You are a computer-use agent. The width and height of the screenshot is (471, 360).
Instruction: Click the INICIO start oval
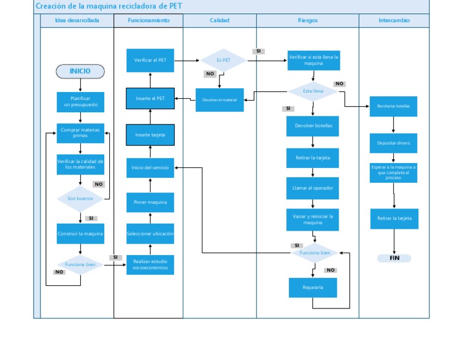tap(80, 71)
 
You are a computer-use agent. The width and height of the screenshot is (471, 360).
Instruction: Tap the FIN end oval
tap(394, 258)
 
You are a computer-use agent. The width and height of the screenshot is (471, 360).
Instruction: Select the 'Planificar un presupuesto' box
tap(80, 102)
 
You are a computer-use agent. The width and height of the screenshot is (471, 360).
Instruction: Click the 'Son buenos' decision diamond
tap(80, 199)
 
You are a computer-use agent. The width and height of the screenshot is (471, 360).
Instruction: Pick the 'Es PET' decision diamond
tap(223, 60)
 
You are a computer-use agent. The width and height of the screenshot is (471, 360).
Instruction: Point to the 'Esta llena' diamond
tap(313, 91)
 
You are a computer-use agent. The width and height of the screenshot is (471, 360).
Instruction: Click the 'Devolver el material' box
tap(220, 100)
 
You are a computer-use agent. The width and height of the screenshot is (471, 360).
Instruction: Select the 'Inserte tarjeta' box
tap(150, 135)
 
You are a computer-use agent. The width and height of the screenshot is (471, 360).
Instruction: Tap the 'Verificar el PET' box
tap(150, 60)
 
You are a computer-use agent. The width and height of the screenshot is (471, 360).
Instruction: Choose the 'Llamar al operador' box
tap(313, 188)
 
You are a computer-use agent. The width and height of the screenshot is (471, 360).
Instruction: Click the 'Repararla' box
tap(313, 287)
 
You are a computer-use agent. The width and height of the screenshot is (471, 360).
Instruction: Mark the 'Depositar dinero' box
tap(394, 143)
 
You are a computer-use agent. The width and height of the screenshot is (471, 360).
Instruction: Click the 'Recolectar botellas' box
tap(394, 106)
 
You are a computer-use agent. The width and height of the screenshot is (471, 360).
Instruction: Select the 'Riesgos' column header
tap(307, 20)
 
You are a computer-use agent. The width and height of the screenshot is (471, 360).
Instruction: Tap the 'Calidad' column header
tap(220, 20)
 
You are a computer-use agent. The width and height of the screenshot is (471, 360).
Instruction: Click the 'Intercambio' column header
tap(394, 20)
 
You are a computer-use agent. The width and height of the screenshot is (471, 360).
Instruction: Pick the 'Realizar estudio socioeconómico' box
tap(150, 264)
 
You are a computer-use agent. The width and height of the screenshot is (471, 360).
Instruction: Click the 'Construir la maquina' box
tap(80, 234)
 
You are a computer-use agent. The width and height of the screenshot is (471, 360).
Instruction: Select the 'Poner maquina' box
tap(150, 202)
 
